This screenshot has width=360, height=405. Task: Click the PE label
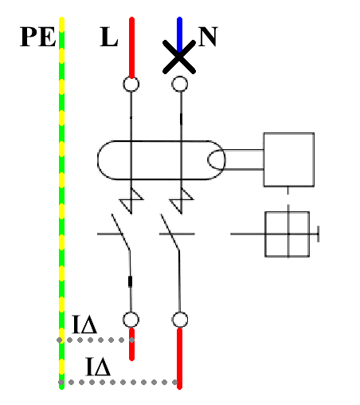37,37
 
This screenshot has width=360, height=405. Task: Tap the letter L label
108,37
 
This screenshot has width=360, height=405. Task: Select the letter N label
208,37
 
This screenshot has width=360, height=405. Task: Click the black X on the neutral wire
179,57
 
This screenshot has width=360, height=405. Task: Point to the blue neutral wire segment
179,34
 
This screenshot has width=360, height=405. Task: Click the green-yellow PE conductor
61,203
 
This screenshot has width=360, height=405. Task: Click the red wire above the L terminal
131,47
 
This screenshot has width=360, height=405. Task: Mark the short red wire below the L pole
131,344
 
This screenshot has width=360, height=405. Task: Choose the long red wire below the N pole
179,359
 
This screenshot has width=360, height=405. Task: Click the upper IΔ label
84,324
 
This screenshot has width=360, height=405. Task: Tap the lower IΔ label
98,367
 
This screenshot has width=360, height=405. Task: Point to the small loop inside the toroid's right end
208,159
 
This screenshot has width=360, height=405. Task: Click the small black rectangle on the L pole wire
130,281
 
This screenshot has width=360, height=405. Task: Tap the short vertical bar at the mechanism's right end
319,234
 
